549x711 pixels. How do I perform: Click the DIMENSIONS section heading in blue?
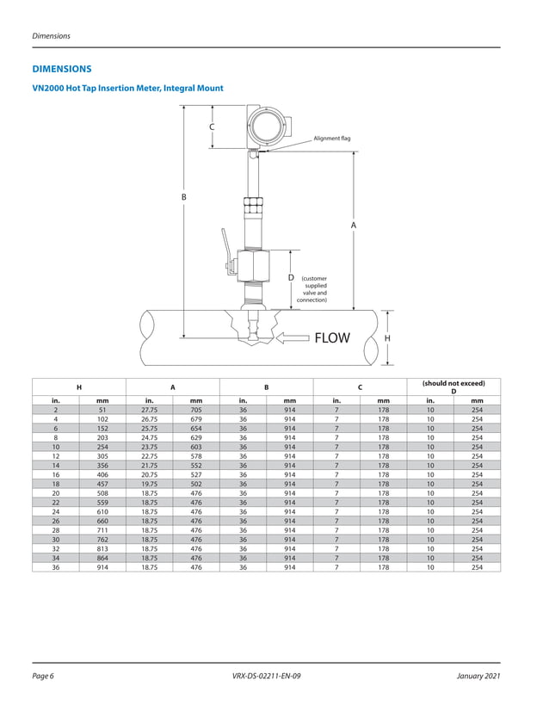point(61,68)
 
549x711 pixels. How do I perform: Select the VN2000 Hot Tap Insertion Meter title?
point(127,89)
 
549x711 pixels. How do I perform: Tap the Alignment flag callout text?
point(331,138)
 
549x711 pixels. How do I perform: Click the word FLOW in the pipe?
point(332,338)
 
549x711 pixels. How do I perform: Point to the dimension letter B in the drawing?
point(183,197)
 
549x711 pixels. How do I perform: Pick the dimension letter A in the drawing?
point(353,225)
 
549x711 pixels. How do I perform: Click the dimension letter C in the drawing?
point(212,127)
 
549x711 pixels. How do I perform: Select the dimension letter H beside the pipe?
point(387,338)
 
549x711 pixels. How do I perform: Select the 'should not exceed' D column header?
point(453,387)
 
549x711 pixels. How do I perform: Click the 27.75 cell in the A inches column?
point(149,411)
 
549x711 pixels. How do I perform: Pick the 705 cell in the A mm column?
point(196,411)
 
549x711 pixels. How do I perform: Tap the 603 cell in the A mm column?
point(196,448)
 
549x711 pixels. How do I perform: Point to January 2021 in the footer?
point(478,677)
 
